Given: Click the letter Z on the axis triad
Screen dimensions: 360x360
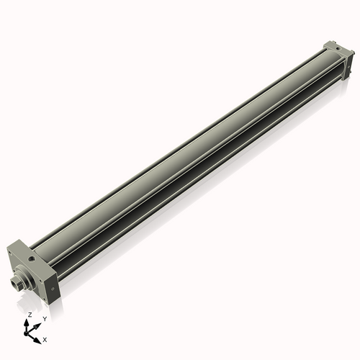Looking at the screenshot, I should coord(30,315).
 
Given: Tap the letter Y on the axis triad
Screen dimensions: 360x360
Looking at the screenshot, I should coord(45,318).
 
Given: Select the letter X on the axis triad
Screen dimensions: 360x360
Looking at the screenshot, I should coord(45,338).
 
